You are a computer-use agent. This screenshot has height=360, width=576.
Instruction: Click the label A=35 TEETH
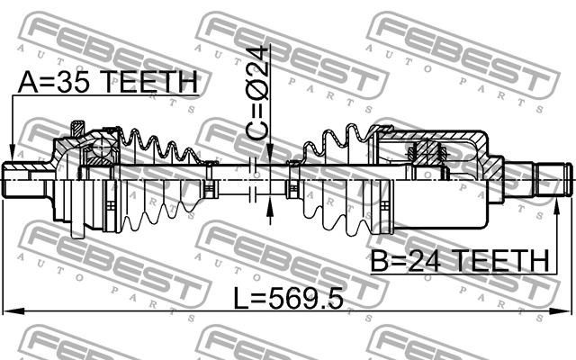pyautogui.click(x=107, y=82)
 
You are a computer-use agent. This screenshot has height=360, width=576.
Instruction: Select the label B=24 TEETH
pyautogui.click(x=460, y=260)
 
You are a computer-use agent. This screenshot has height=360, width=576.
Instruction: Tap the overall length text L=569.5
pyautogui.click(x=288, y=298)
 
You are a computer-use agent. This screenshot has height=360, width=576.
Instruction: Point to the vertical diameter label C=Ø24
pyautogui.click(x=257, y=93)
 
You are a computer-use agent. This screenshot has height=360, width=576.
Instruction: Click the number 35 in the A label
pyautogui.click(x=76, y=82)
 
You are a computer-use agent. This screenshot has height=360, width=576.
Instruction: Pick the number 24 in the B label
pyautogui.click(x=426, y=260)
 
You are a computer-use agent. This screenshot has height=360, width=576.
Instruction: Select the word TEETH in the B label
pyautogui.click(x=501, y=260)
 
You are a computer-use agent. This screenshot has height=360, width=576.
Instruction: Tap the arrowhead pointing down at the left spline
pyautogui.click(x=12, y=154)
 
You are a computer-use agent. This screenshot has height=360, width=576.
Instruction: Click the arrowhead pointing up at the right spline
pyautogui.click(x=557, y=208)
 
